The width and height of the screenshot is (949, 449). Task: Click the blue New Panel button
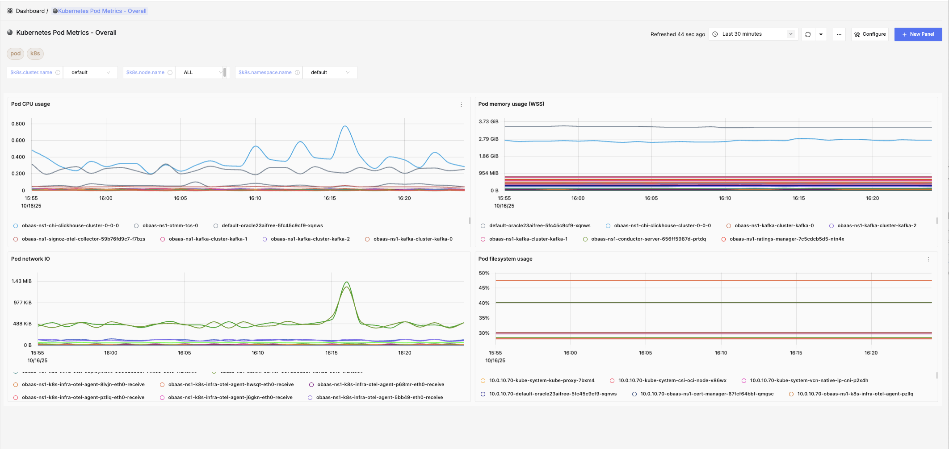point(918,34)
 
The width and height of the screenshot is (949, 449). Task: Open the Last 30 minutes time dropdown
point(753,34)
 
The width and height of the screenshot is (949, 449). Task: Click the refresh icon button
point(808,34)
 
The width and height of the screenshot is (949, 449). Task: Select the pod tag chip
point(16,54)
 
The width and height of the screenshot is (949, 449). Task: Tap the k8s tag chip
point(35,54)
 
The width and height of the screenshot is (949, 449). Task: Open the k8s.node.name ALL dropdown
point(202,72)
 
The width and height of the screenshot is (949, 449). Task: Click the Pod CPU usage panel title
point(30,104)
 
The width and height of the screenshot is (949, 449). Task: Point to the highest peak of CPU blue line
point(345,126)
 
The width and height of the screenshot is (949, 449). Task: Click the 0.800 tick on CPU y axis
point(18,124)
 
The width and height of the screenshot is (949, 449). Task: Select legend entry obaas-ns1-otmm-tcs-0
point(170,226)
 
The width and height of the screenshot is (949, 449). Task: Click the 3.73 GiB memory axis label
point(488,121)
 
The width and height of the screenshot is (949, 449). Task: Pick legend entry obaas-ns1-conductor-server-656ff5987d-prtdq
point(648,239)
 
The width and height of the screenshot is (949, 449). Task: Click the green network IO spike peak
point(347,283)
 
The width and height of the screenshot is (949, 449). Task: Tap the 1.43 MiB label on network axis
point(21,281)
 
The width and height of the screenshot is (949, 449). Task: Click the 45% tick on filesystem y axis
point(484,288)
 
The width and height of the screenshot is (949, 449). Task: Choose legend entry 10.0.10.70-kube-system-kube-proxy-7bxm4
point(542,381)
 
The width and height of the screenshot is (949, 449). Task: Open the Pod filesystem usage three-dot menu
point(928,259)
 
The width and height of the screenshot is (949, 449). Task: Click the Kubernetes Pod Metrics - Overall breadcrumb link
point(102,11)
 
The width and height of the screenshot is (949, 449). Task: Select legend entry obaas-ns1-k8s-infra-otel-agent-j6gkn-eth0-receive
point(230,398)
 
